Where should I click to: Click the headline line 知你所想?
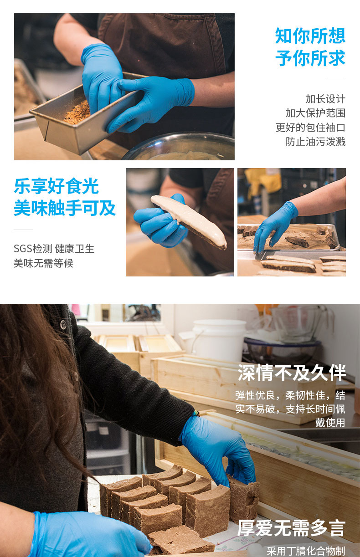click(x=310, y=36)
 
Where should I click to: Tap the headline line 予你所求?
click(x=310, y=58)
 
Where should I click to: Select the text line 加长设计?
click(x=325, y=99)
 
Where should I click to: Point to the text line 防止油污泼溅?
click(x=315, y=142)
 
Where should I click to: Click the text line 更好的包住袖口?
click(x=310, y=128)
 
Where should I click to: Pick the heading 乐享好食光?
click(x=57, y=186)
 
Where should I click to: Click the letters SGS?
click(x=23, y=249)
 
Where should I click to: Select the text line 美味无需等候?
click(x=44, y=263)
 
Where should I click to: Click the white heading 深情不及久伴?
click(x=292, y=373)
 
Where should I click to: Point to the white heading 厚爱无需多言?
click(x=291, y=528)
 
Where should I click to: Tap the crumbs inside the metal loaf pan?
click(x=77, y=113)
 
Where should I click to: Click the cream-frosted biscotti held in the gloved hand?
click(x=189, y=221)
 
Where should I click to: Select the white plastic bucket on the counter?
click(x=219, y=341)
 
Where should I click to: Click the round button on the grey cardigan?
click(x=63, y=324)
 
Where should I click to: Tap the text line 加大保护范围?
click(x=315, y=113)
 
